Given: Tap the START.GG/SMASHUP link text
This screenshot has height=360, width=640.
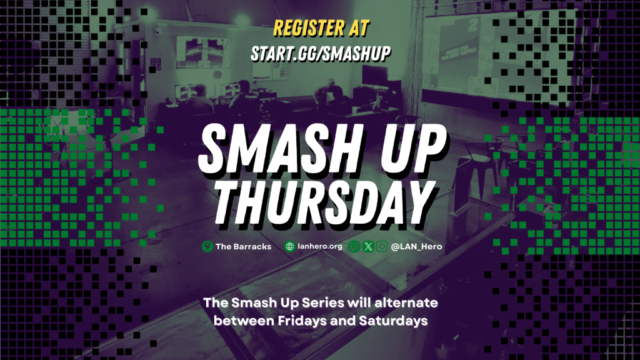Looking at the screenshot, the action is (321, 54).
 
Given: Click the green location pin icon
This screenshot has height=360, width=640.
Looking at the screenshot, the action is (207, 246).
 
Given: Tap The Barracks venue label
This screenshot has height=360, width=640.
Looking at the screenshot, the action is (243, 246).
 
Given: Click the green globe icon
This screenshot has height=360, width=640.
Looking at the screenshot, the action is (290, 246).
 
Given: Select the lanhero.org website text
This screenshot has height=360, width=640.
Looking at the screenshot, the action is (320, 246).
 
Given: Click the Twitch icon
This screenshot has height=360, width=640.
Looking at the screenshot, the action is (354, 246).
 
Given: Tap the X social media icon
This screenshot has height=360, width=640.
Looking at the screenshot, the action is (368, 246).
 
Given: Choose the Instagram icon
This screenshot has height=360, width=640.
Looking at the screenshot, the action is (382, 246).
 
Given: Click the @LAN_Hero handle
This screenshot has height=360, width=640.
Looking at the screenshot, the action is (416, 246).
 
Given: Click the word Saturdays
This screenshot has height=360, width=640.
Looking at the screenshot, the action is (393, 321).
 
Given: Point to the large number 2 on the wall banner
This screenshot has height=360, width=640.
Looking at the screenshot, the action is (472, 25).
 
